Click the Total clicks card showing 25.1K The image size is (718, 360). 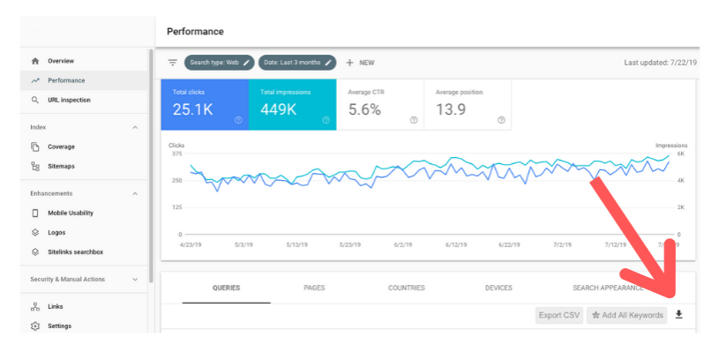(x=204, y=104)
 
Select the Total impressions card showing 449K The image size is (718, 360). (x=292, y=104)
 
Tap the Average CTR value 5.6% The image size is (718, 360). (x=364, y=109)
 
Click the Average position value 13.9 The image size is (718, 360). (x=451, y=109)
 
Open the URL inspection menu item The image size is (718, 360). (x=69, y=100)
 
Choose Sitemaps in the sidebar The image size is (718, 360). (x=61, y=166)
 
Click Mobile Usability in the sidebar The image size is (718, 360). (x=70, y=213)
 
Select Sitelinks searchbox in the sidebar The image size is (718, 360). (x=75, y=251)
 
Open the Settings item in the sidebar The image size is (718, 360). (x=59, y=326)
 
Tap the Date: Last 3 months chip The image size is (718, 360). (x=298, y=63)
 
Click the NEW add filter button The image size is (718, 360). (x=361, y=63)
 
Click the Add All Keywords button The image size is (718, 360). (x=627, y=315)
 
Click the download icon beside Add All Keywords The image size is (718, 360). (x=678, y=314)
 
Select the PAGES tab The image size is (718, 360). (x=314, y=288)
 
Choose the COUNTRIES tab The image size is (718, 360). (x=406, y=288)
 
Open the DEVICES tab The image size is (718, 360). (x=498, y=288)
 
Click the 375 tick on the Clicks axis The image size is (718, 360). (x=176, y=154)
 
